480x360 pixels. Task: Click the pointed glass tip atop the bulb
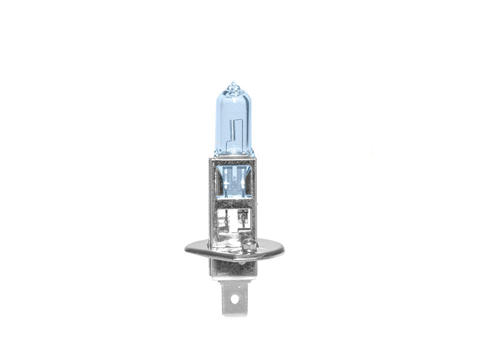[233, 85]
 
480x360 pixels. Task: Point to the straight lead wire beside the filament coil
[236, 129]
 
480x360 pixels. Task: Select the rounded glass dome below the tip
[233, 96]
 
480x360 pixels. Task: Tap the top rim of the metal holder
[233, 160]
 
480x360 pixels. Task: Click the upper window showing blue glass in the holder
[233, 180]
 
